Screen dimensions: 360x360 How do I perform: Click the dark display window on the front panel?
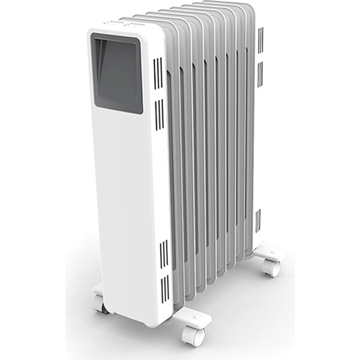118,75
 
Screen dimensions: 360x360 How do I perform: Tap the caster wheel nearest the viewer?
194,335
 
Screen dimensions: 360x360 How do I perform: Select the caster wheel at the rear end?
271,267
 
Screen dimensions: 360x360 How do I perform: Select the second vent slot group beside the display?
159,114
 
